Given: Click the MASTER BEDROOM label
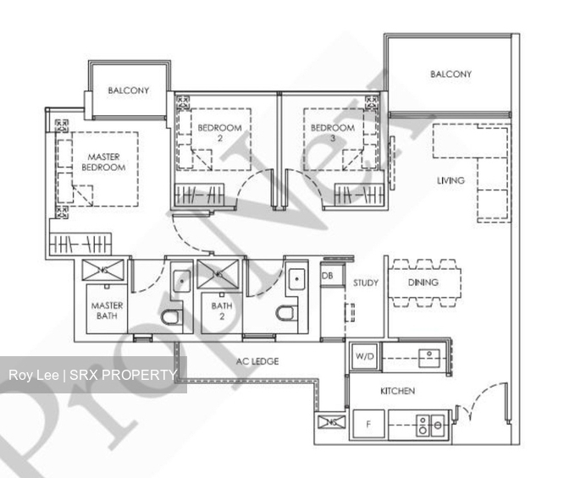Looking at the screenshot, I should click(x=103, y=162).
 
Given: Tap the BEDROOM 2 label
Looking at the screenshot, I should click(x=220, y=134).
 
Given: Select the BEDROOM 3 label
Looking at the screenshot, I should click(x=332, y=134).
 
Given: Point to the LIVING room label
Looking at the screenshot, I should click(x=451, y=180).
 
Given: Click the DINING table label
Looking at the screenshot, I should click(x=423, y=283).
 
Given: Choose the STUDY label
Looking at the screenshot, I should click(x=366, y=283).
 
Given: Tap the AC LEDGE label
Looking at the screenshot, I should click(x=257, y=361).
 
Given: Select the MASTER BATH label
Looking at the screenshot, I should click(x=107, y=310).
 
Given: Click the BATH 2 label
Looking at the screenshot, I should click(x=221, y=310).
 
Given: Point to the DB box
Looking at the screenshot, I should click(x=327, y=276).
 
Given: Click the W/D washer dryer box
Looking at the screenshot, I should click(x=364, y=356).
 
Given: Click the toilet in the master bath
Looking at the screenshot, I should click(x=170, y=317).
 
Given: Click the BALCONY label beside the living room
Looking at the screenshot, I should click(x=451, y=74).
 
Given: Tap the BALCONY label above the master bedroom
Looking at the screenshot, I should click(x=129, y=91).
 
